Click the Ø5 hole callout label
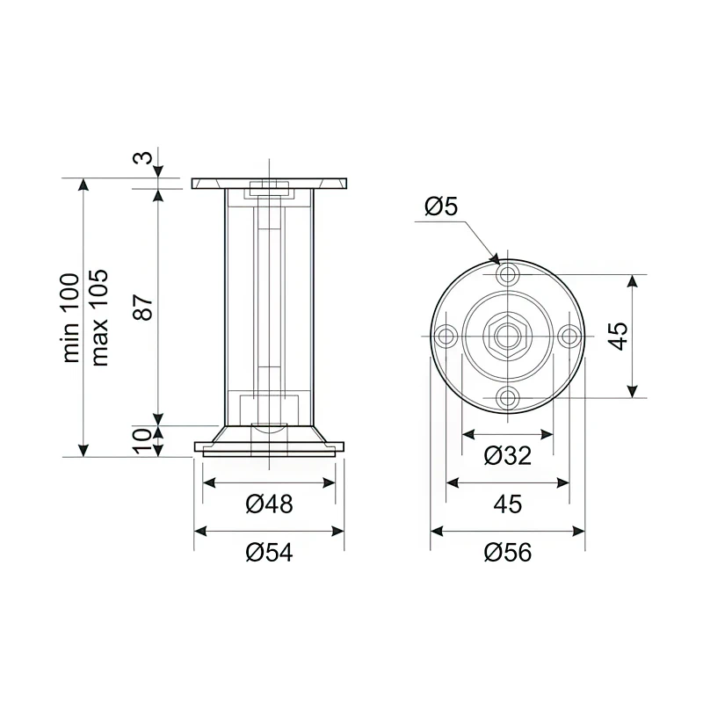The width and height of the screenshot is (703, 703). (x=441, y=207)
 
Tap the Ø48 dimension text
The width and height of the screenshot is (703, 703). (x=269, y=504)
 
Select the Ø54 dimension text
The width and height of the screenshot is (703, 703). (x=269, y=553)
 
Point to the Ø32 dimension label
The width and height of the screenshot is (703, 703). (x=508, y=456)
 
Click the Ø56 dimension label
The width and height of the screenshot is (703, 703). (x=508, y=553)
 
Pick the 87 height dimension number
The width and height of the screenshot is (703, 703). (x=144, y=307)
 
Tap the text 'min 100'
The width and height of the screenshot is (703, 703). (x=70, y=317)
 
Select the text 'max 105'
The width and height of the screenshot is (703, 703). (x=99, y=317)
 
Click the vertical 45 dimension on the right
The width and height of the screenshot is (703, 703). (x=618, y=336)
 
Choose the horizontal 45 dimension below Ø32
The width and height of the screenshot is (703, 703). (x=508, y=504)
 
